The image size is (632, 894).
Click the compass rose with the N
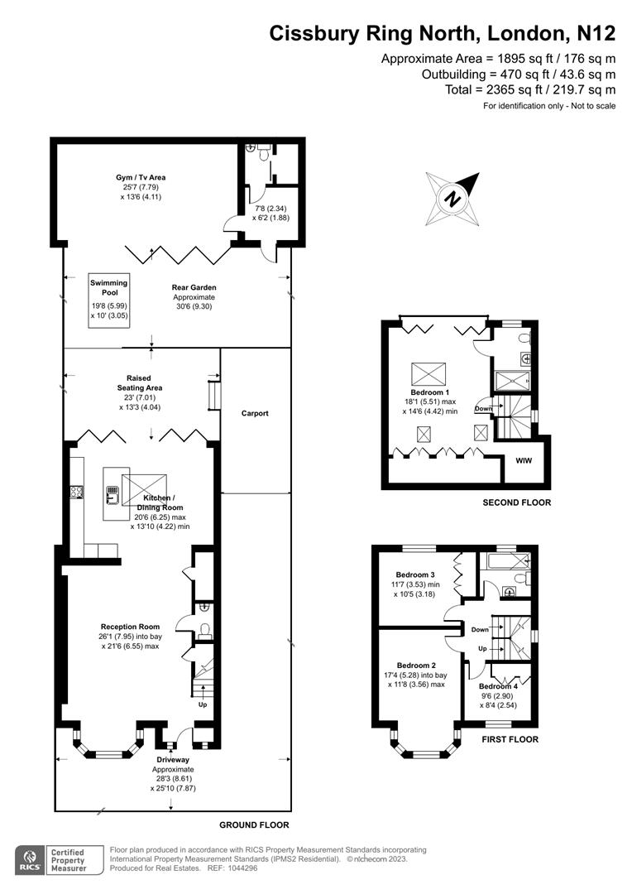(x=452, y=199)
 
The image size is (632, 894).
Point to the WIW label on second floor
(x=524, y=460)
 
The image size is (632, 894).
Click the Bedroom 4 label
(x=500, y=687)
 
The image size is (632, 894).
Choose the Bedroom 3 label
(x=415, y=574)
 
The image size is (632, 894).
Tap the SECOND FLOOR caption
(x=516, y=502)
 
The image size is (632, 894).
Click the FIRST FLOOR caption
(x=510, y=739)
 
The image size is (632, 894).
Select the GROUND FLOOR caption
(x=254, y=825)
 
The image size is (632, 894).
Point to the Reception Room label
(x=130, y=627)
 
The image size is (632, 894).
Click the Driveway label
(x=173, y=759)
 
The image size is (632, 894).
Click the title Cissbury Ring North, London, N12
(x=443, y=34)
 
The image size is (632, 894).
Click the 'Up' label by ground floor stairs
(x=203, y=705)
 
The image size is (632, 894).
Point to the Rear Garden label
(x=194, y=287)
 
